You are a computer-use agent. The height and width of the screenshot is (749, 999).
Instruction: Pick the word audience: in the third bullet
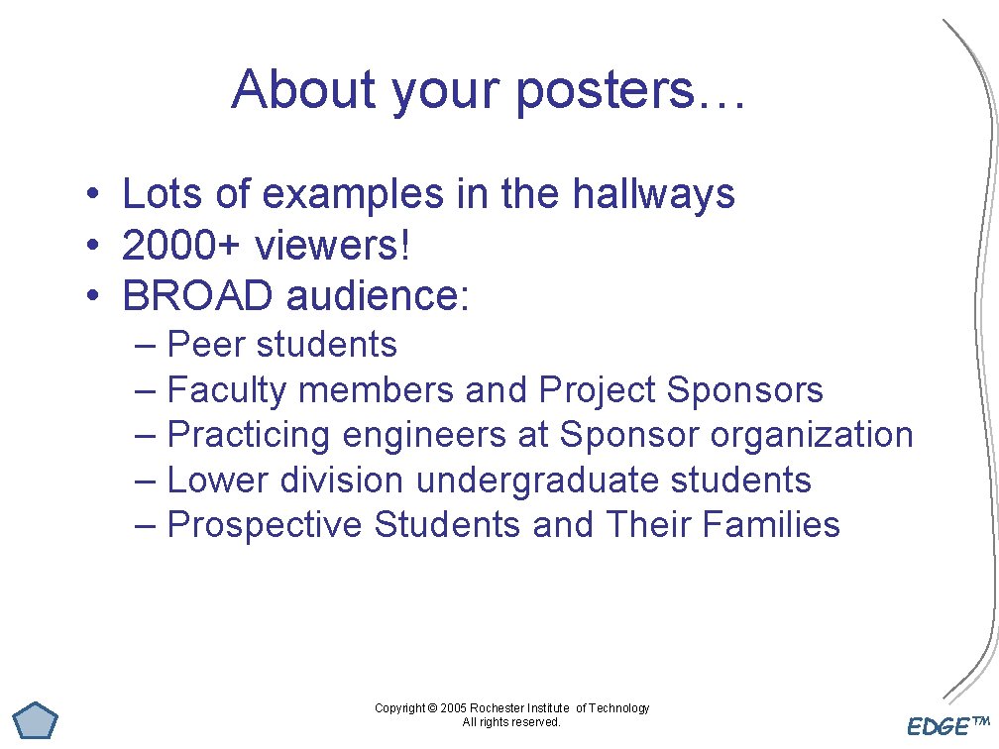(378, 295)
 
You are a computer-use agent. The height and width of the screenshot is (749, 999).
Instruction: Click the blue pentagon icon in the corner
(36, 719)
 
